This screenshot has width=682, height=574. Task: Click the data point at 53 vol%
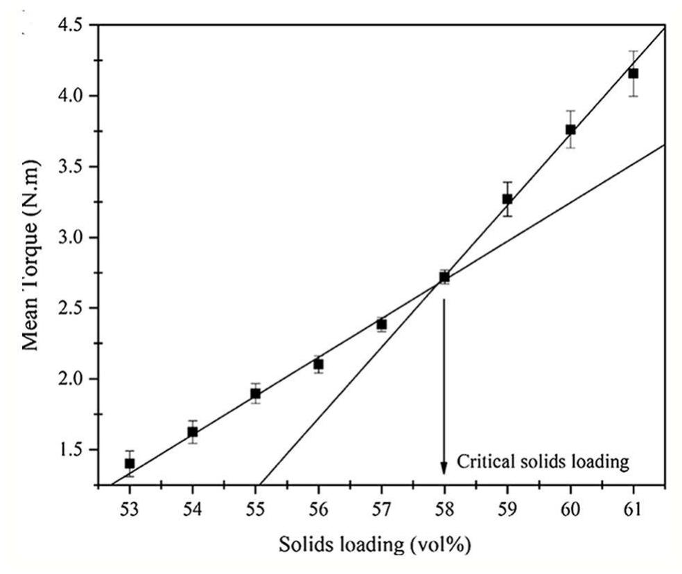(130, 463)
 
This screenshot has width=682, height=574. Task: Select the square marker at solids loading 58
(444, 277)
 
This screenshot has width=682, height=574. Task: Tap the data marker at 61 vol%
(633, 73)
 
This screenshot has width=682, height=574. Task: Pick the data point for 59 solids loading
(507, 199)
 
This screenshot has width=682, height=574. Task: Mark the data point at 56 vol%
(318, 364)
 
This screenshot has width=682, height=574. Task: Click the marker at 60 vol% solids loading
(570, 129)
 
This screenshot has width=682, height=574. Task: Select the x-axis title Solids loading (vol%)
(375, 545)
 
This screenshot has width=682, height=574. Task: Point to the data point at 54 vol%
(193, 432)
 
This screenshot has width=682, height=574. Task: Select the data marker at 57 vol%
(381, 324)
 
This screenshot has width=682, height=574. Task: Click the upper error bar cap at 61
(633, 51)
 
